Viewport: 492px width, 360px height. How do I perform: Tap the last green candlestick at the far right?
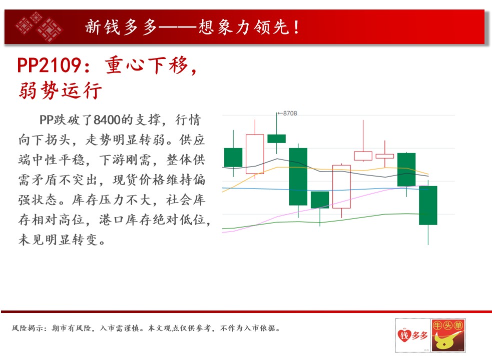click(x=428, y=205)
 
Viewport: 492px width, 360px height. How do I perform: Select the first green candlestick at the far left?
click(x=233, y=157)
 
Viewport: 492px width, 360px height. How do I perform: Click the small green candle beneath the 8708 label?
click(x=276, y=138)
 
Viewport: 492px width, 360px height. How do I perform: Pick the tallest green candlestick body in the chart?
click(x=298, y=176)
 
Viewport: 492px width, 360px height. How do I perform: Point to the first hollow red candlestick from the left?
click(x=255, y=154)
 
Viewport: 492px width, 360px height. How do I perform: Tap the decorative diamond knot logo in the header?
click(x=39, y=26)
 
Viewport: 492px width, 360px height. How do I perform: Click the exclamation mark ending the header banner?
click(x=296, y=27)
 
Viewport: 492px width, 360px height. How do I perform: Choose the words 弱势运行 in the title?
click(x=61, y=90)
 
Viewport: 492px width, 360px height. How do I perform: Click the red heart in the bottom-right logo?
click(x=404, y=335)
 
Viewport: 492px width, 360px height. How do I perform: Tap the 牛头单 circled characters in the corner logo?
click(x=448, y=325)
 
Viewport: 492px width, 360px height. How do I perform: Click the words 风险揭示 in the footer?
click(x=30, y=328)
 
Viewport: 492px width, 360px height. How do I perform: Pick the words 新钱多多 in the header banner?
click(x=121, y=27)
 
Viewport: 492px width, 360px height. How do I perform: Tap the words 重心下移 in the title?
click(x=147, y=65)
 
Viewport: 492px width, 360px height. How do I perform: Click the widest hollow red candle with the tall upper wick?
click(x=363, y=156)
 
